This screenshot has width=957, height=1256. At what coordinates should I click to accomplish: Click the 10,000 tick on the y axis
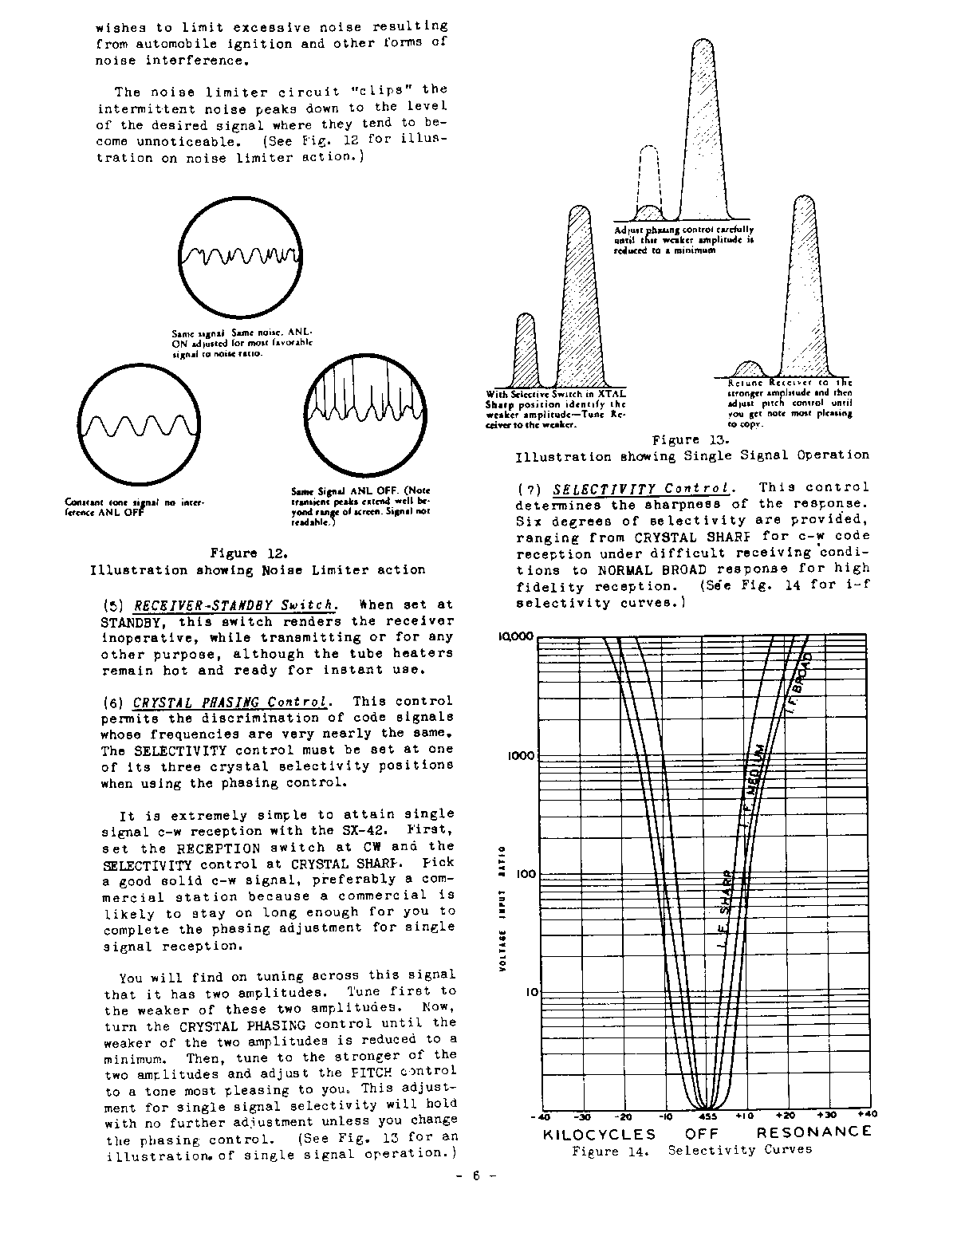coord(518,636)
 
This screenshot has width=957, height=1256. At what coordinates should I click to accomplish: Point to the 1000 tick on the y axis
coord(521,755)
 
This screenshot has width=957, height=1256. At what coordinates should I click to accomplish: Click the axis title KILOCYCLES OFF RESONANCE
coord(707,1132)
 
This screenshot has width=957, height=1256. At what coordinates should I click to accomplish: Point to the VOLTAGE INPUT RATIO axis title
coord(502,908)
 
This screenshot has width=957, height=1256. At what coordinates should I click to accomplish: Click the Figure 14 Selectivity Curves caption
coord(691,1151)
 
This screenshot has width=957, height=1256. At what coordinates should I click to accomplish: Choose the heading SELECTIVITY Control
coord(641,488)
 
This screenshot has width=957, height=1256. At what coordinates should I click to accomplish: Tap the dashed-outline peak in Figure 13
coord(650,180)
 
